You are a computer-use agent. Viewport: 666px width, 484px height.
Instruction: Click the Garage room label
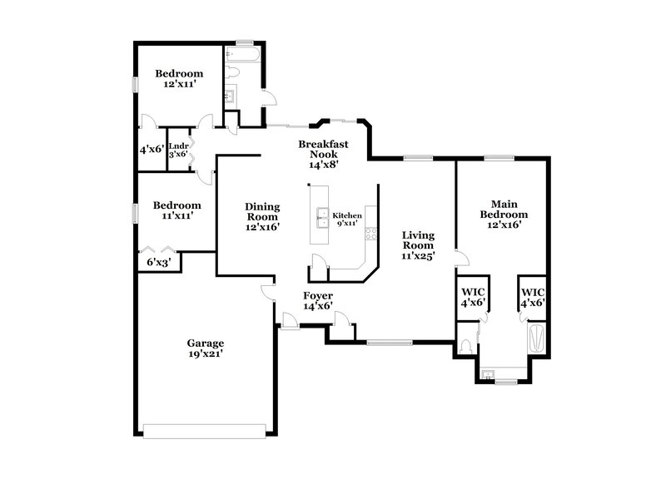coord(205,348)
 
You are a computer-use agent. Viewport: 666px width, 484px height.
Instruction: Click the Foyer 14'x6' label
coord(317,301)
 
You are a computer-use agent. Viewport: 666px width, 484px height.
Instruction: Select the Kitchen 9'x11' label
coord(346,219)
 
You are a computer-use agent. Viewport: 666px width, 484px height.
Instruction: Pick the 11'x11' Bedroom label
coord(176,210)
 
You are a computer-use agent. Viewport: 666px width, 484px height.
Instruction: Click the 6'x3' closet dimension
coord(159,262)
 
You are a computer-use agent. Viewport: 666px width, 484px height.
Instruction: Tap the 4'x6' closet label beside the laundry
coord(152,150)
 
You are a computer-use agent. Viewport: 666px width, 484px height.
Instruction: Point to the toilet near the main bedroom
coord(468,346)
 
